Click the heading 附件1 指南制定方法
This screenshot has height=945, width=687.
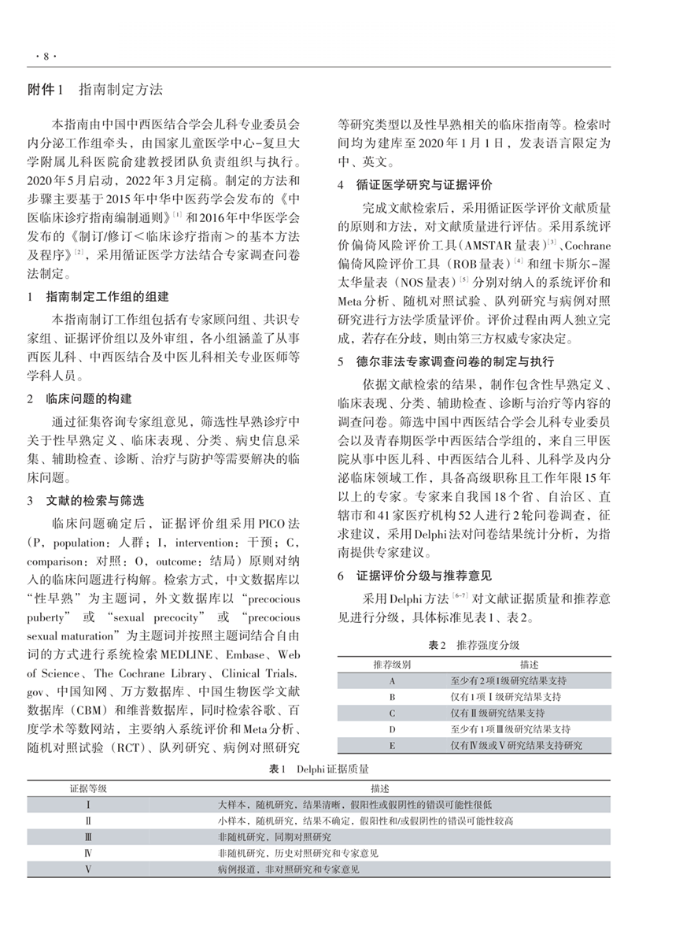(x=95, y=91)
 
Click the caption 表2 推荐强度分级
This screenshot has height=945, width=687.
(x=474, y=645)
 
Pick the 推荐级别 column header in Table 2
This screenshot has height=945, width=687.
(x=392, y=665)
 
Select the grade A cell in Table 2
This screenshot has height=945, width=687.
(x=392, y=680)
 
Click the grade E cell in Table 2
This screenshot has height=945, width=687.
(x=392, y=745)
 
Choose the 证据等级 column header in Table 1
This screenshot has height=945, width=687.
(x=89, y=787)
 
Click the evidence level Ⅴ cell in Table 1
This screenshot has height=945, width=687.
(x=89, y=869)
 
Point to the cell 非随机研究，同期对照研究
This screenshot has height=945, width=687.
(x=275, y=836)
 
